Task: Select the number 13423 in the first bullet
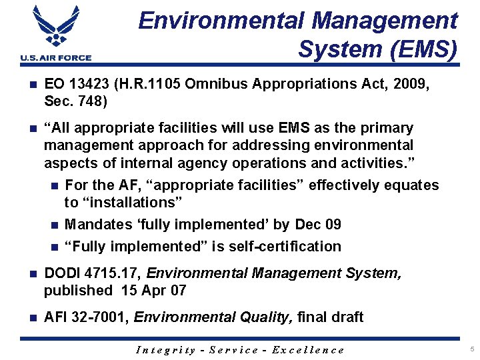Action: pos(91,84)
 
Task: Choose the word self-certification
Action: pos(285,247)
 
